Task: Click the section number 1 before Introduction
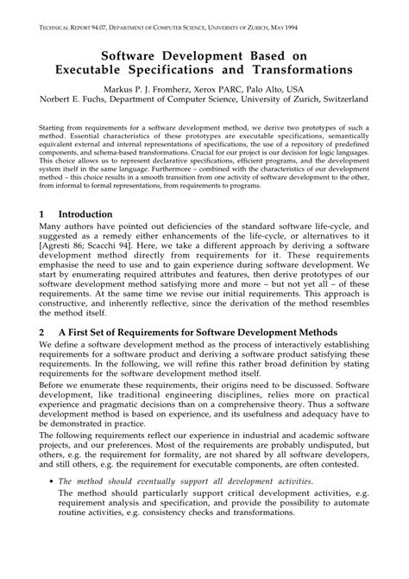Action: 42,213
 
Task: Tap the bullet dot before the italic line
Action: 51,481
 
